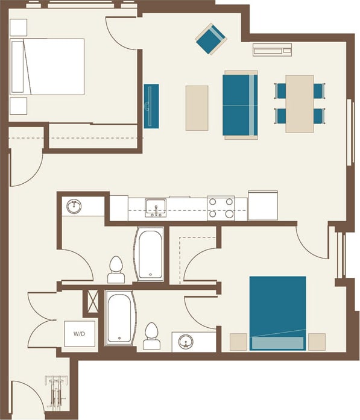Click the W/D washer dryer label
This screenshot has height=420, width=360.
(x=80, y=333)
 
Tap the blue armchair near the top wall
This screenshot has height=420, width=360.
(x=210, y=38)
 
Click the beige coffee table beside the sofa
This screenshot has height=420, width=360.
(x=197, y=108)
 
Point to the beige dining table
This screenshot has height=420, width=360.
(x=300, y=103)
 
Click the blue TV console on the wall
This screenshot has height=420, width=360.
(x=151, y=106)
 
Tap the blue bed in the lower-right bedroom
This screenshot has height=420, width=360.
(x=277, y=313)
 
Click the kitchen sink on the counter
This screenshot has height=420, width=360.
(x=156, y=208)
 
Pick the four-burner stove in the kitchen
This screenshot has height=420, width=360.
(x=221, y=208)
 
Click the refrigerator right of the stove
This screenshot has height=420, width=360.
(x=263, y=205)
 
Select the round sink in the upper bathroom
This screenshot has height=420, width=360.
(x=75, y=207)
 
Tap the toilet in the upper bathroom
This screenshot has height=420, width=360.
(x=115, y=270)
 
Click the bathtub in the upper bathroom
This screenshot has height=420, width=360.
(x=150, y=253)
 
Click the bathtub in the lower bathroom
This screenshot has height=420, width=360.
(x=121, y=319)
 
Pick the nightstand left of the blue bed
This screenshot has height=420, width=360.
(x=239, y=342)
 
